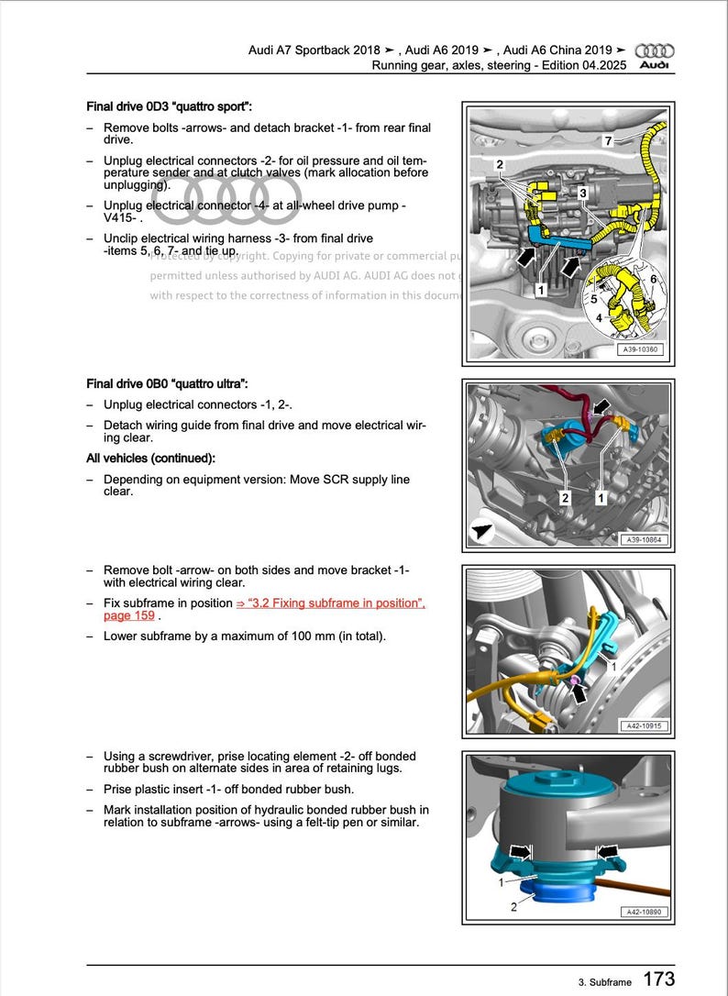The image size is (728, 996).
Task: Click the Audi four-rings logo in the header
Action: pyautogui.click(x=654, y=50)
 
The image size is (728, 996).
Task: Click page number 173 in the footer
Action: pyautogui.click(x=658, y=979)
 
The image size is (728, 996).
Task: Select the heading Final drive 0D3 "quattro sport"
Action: pyautogui.click(x=169, y=106)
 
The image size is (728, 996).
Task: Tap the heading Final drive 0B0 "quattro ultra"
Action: pyautogui.click(x=167, y=383)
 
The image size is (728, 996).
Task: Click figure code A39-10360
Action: pyautogui.click(x=639, y=349)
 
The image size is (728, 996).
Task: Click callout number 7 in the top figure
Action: pyautogui.click(x=607, y=140)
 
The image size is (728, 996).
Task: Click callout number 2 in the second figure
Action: pyautogui.click(x=565, y=497)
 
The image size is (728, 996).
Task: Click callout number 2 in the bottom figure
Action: pyautogui.click(x=513, y=907)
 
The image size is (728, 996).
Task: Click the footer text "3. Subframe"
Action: pyautogui.click(x=605, y=982)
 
